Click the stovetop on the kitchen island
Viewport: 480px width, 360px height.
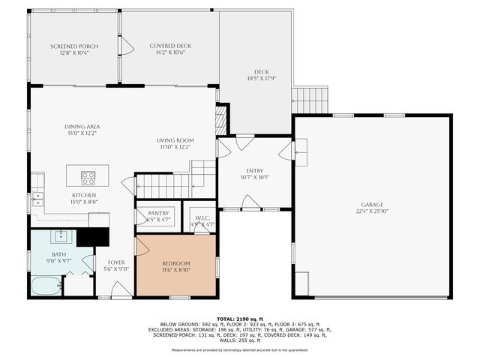click(x=88, y=178)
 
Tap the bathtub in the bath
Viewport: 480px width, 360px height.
click(x=45, y=286)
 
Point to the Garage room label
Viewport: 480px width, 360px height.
click(x=371, y=205)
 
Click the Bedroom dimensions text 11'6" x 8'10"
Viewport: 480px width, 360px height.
click(x=176, y=271)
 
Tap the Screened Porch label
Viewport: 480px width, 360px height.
click(x=74, y=46)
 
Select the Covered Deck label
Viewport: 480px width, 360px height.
click(x=170, y=46)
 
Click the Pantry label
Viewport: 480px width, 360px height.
click(x=158, y=213)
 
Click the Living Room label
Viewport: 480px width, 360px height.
click(x=175, y=140)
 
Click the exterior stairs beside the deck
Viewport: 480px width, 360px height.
click(x=310, y=98)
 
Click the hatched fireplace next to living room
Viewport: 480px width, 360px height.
click(x=220, y=120)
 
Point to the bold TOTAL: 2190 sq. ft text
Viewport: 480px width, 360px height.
click(x=240, y=319)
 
